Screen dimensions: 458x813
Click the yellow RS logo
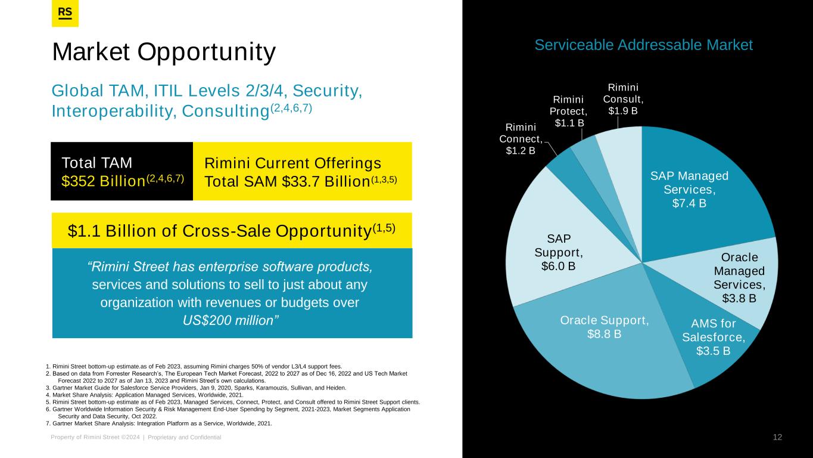(x=65, y=13)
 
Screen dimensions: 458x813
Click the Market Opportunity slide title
(x=164, y=52)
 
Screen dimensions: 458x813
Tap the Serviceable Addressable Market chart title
(x=643, y=45)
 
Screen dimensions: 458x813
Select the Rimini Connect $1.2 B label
(x=521, y=138)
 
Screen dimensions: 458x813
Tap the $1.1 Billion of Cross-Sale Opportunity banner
(x=232, y=230)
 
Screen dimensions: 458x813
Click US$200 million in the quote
(x=230, y=320)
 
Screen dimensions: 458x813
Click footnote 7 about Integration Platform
(x=158, y=423)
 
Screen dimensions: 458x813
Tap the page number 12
(x=777, y=437)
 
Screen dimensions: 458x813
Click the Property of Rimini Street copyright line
(x=136, y=437)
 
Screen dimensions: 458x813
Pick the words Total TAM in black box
(x=96, y=163)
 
